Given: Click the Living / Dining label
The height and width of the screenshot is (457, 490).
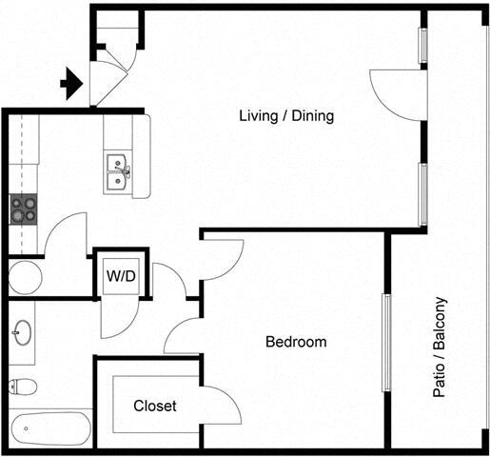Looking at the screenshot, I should click(285, 115).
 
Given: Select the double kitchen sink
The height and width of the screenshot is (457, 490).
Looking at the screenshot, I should click(119, 172).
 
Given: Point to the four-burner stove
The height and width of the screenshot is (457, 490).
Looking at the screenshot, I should click(24, 209).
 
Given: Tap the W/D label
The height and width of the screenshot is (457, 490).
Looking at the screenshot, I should click(119, 277).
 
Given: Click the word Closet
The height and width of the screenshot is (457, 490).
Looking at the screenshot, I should click(155, 406).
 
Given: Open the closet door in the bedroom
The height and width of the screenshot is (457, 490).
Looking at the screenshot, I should click(221, 405).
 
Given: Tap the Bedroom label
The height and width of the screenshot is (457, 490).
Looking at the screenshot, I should click(296, 342).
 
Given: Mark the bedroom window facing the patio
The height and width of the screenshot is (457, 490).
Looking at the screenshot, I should click(387, 342).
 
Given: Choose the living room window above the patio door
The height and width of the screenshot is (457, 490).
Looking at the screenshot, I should click(423, 44).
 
